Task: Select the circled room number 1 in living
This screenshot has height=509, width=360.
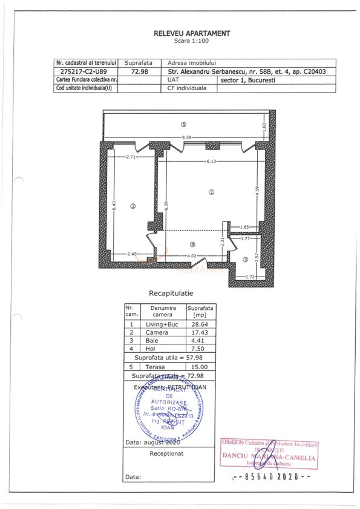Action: click(211, 193)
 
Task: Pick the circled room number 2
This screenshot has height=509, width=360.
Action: click(133, 206)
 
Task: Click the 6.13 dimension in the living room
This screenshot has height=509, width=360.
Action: click(212, 161)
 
